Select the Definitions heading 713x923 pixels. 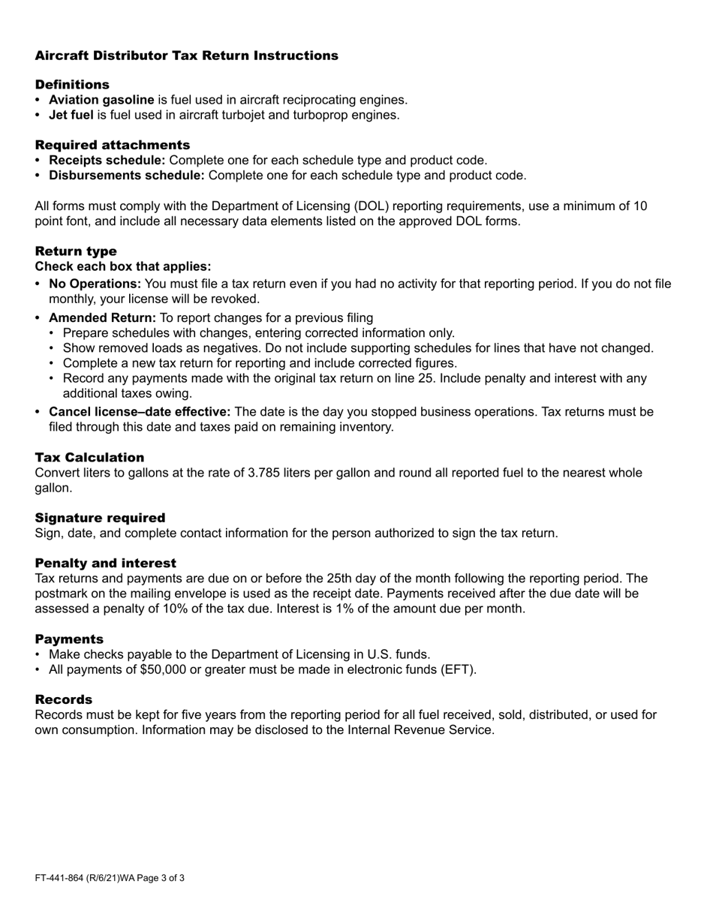tap(72, 85)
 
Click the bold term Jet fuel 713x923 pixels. tap(71, 115)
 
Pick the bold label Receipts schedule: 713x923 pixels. tap(107, 160)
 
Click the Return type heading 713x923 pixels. tap(76, 251)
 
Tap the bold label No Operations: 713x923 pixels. tap(95, 284)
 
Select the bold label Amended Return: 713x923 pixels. tap(102, 317)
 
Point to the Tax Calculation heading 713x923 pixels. tap(89, 458)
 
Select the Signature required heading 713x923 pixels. tap(100, 518)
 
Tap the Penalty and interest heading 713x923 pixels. tap(106, 564)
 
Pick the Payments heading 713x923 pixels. tap(69, 639)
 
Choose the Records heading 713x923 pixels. tap(64, 699)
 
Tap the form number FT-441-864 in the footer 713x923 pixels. tap(62, 877)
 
